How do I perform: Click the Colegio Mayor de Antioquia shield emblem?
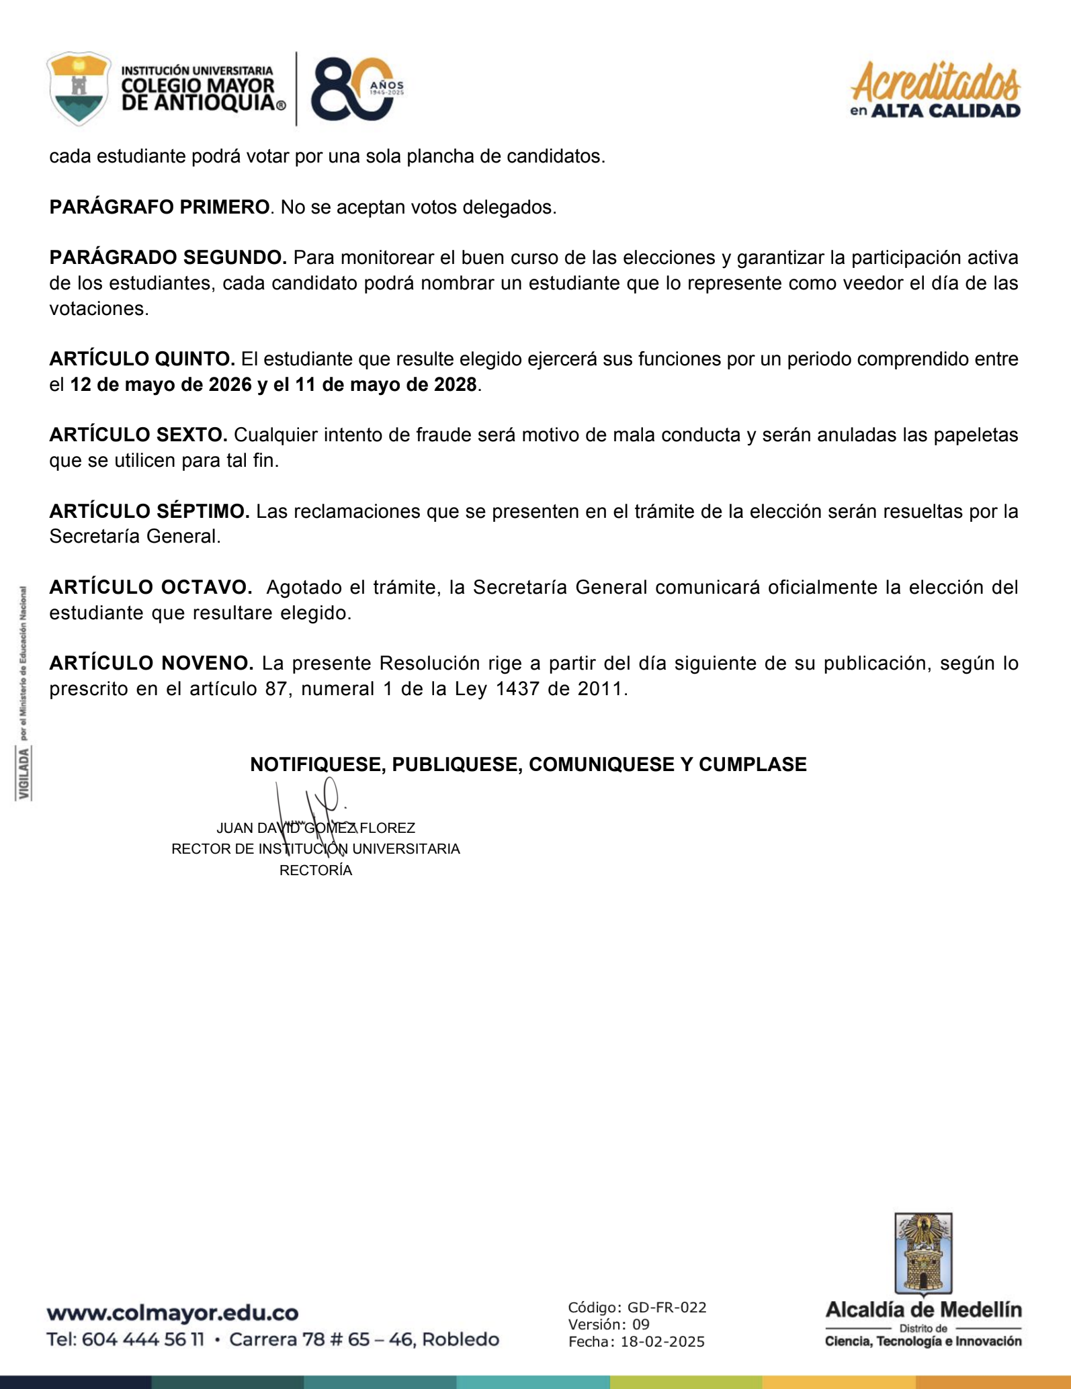coord(79,88)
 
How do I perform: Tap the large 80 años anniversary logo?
coord(352,89)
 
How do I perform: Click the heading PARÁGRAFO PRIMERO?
coord(159,207)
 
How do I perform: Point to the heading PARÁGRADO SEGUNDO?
coord(168,257)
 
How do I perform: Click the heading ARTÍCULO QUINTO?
coord(142,359)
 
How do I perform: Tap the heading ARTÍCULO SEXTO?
coord(138,435)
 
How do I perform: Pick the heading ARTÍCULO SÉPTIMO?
coord(149,511)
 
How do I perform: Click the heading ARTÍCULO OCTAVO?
coord(151,587)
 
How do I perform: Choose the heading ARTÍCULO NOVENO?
coord(151,663)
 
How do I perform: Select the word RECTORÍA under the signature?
coord(316,870)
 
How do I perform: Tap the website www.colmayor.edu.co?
coord(173,1312)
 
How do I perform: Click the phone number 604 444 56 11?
coord(143,1339)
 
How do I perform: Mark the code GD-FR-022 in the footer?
coord(667,1307)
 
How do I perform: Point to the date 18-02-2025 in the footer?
coord(662,1342)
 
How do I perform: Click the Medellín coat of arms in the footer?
coord(923,1254)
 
